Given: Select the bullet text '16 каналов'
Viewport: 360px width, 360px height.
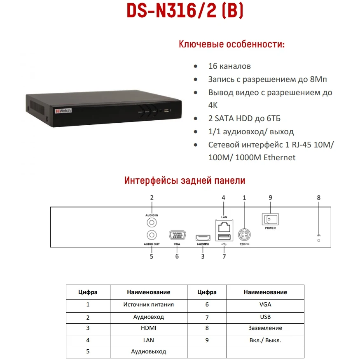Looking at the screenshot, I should pos(229,66).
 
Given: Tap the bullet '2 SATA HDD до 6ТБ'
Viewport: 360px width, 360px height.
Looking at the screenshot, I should pos(244,119).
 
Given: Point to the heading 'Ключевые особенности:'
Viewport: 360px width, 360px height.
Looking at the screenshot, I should pos(231,44).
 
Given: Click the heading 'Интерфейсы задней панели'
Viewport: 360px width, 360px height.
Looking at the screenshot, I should pos(185,180).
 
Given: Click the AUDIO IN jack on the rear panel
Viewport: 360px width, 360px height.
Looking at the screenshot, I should pos(152,222).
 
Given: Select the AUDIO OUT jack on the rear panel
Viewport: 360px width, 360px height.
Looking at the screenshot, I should pos(152,235).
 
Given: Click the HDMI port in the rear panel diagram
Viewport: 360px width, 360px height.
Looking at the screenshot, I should pos(203,237).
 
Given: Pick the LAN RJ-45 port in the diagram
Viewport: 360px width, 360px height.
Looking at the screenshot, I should pos(223,227).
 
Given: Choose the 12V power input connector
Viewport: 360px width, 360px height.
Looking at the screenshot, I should pos(245,235).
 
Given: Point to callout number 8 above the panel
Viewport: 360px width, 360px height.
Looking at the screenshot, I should pos(318,198).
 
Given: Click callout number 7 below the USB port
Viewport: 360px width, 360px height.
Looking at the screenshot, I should pos(224,256).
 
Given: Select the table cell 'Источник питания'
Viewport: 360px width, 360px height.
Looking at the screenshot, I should pos(148,305).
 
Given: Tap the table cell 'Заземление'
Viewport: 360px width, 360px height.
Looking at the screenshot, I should pos(265,328).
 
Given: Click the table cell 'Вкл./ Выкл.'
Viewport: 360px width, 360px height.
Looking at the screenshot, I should pos(265,341).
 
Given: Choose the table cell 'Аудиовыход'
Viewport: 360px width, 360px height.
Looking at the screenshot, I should pos(148,352).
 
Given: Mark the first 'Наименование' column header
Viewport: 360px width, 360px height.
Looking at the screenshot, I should pos(148,292).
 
